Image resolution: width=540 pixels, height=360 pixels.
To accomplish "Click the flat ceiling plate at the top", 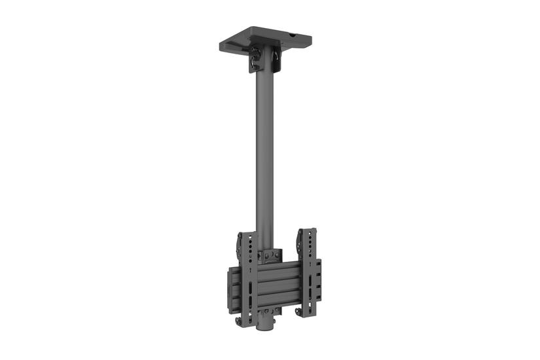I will pos(262,38).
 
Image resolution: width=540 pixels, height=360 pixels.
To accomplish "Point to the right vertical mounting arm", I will pos(308,272).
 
